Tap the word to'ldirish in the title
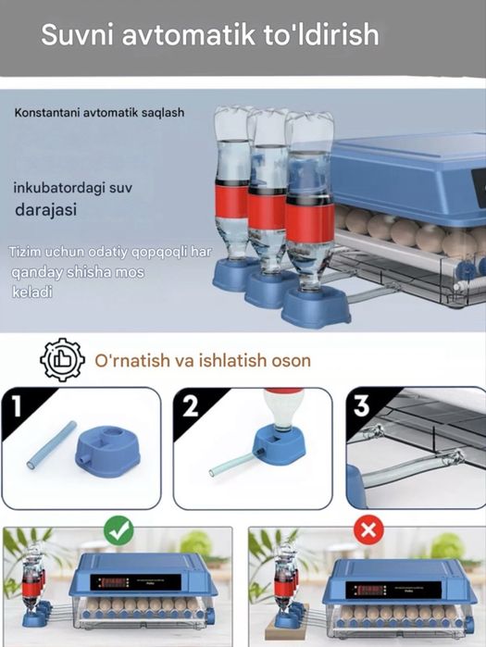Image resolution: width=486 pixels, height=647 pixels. pyautogui.click(x=320, y=35)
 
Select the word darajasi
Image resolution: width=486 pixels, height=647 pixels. pyautogui.click(x=44, y=210)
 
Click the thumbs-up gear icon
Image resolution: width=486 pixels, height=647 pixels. pyautogui.click(x=62, y=361)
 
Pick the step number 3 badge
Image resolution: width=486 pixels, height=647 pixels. pyautogui.click(x=360, y=404)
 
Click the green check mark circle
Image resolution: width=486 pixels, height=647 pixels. pyautogui.click(x=118, y=531)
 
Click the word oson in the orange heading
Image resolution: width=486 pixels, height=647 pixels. pyautogui.click(x=289, y=360)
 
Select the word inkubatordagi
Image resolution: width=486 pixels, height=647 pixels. pyautogui.click(x=59, y=189)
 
